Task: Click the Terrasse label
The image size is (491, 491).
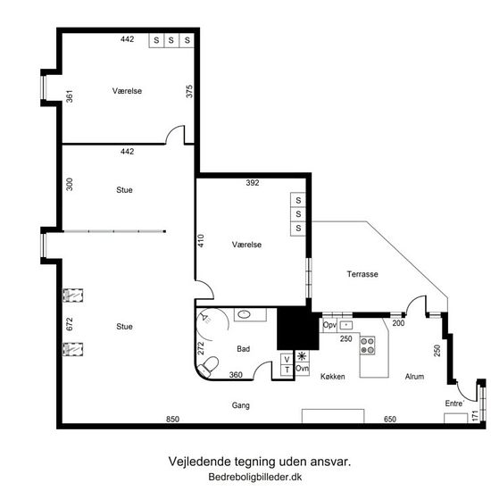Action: click(x=362, y=274)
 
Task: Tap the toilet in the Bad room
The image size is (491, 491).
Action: click(x=209, y=366)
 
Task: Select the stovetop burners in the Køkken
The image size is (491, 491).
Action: click(x=367, y=345)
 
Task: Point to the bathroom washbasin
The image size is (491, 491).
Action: click(x=244, y=314)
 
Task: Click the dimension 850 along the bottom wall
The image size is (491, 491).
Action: click(x=172, y=419)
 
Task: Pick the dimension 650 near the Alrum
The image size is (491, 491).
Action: click(x=390, y=419)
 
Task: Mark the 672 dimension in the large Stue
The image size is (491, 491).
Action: click(x=70, y=324)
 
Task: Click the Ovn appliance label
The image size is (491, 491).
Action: click(x=302, y=368)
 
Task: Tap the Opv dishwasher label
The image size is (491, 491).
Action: click(x=329, y=325)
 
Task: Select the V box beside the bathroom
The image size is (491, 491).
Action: click(x=287, y=360)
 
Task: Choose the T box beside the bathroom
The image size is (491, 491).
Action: click(x=287, y=370)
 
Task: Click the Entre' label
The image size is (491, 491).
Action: click(x=454, y=404)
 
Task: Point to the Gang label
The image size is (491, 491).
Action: click(x=240, y=405)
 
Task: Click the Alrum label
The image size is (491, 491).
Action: click(x=414, y=377)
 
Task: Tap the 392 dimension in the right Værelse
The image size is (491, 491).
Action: click(x=253, y=183)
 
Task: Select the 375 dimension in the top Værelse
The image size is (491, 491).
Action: click(x=189, y=91)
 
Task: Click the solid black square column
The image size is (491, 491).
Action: click(x=298, y=329)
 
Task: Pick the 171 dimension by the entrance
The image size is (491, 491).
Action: click(x=475, y=416)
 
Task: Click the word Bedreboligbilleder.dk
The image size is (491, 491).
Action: click(x=255, y=477)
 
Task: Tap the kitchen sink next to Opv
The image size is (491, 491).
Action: click(x=346, y=325)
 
